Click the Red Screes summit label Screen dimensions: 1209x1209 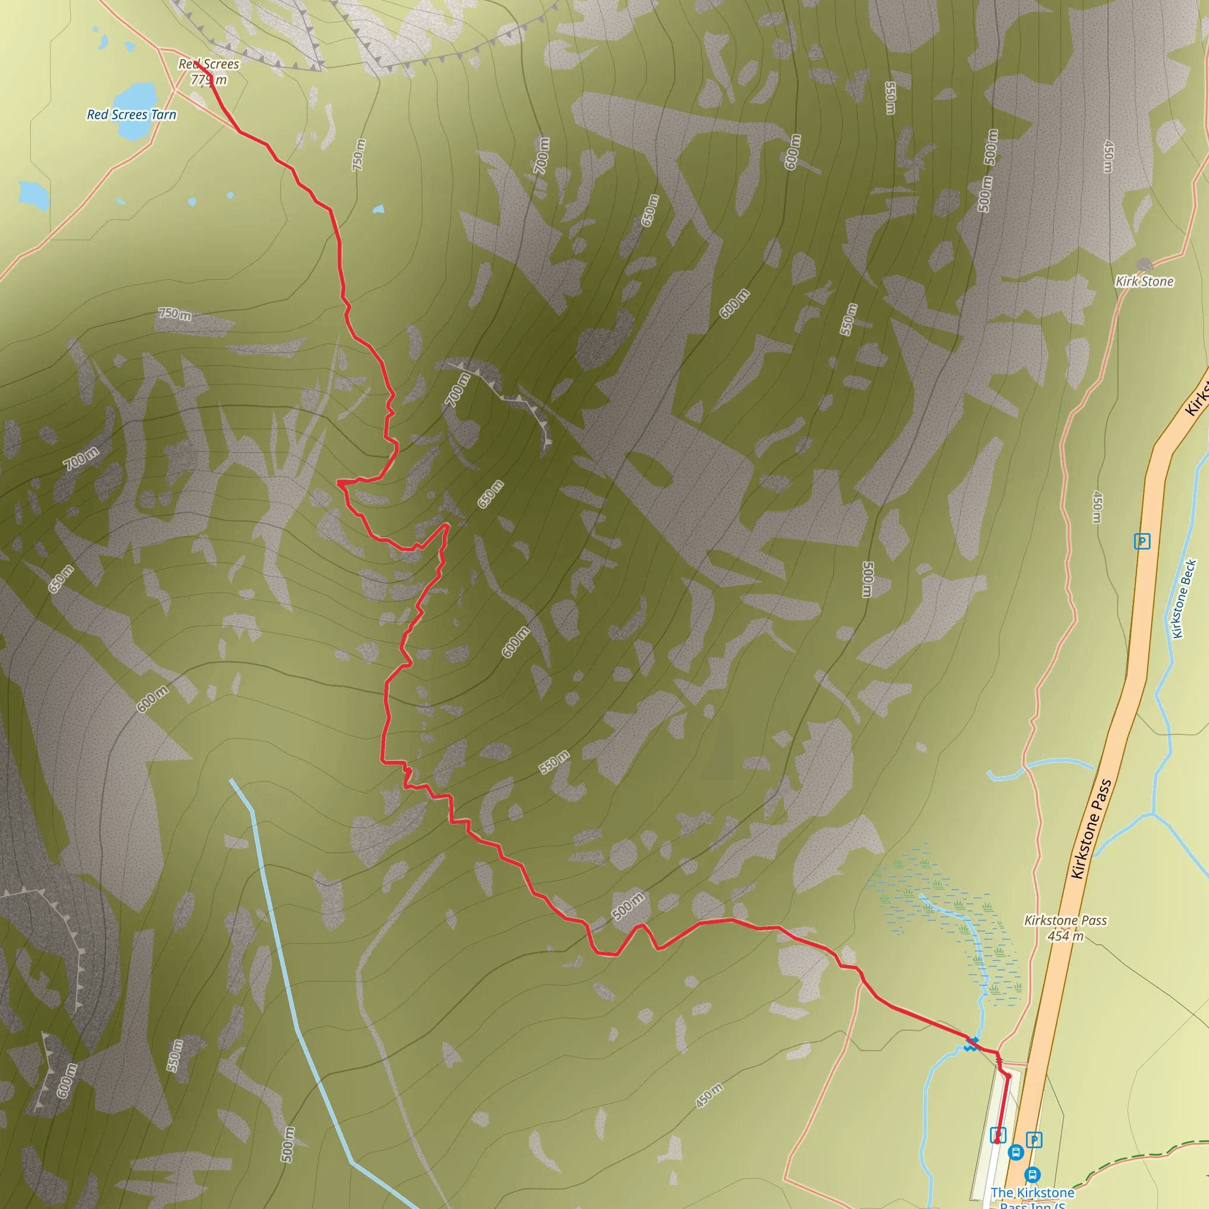click(x=208, y=64)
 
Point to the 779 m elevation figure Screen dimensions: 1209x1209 click(x=208, y=80)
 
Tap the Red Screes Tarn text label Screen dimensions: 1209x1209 click(x=132, y=115)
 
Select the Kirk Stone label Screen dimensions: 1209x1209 click(x=1145, y=282)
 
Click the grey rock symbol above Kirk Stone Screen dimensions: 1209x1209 click(x=1145, y=264)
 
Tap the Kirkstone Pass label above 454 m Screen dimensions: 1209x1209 click(x=1065, y=920)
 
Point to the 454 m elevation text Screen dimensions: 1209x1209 click(x=1065, y=936)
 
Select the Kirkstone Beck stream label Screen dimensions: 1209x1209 click(x=1184, y=599)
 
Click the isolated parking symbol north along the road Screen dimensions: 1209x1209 click(x=1142, y=541)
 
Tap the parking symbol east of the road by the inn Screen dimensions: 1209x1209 click(x=1034, y=1139)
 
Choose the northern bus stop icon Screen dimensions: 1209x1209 click(x=1015, y=1151)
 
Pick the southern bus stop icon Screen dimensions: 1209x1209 click(x=1032, y=1174)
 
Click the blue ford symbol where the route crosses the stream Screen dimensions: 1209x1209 click(x=971, y=1043)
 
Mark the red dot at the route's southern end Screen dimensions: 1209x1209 click(x=997, y=1142)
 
